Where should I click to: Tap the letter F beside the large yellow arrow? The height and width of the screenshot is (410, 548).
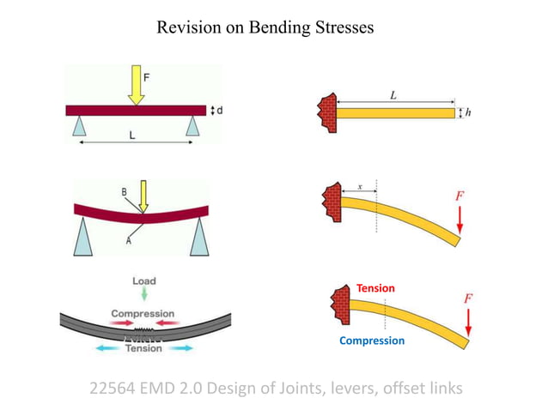tap(146, 76)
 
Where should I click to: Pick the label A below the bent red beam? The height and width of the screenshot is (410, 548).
tap(129, 241)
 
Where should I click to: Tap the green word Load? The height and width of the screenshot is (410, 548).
tap(143, 280)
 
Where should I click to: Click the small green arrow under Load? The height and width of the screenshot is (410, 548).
tap(143, 296)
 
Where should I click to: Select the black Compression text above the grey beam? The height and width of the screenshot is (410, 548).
tap(143, 314)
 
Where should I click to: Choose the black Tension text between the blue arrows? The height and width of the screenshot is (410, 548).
tap(143, 348)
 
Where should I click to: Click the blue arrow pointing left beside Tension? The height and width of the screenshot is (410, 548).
tap(107, 349)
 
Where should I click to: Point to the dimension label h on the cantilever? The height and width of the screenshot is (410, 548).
tap(469, 113)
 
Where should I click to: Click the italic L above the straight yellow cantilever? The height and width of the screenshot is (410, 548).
tap(393, 95)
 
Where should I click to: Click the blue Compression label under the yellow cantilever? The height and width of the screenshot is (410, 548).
tap(371, 341)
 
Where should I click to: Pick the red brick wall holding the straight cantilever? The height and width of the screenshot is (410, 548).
tap(326, 112)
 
